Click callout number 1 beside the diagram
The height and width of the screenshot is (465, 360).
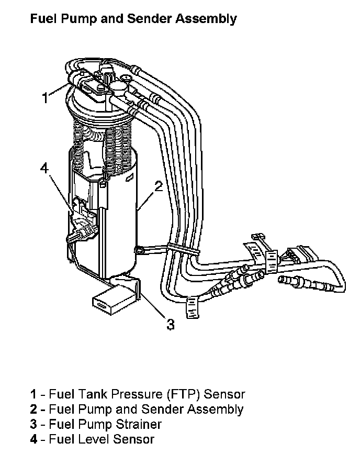pyautogui.click(x=46, y=97)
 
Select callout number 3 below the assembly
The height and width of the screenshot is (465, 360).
pyautogui.click(x=170, y=324)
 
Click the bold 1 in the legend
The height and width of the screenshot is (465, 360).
pyautogui.click(x=33, y=394)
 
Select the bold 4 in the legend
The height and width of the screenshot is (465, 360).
pyautogui.click(x=33, y=439)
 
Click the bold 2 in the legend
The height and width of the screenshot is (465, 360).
pyautogui.click(x=33, y=409)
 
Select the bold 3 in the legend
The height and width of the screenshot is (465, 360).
pyautogui.click(x=33, y=424)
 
